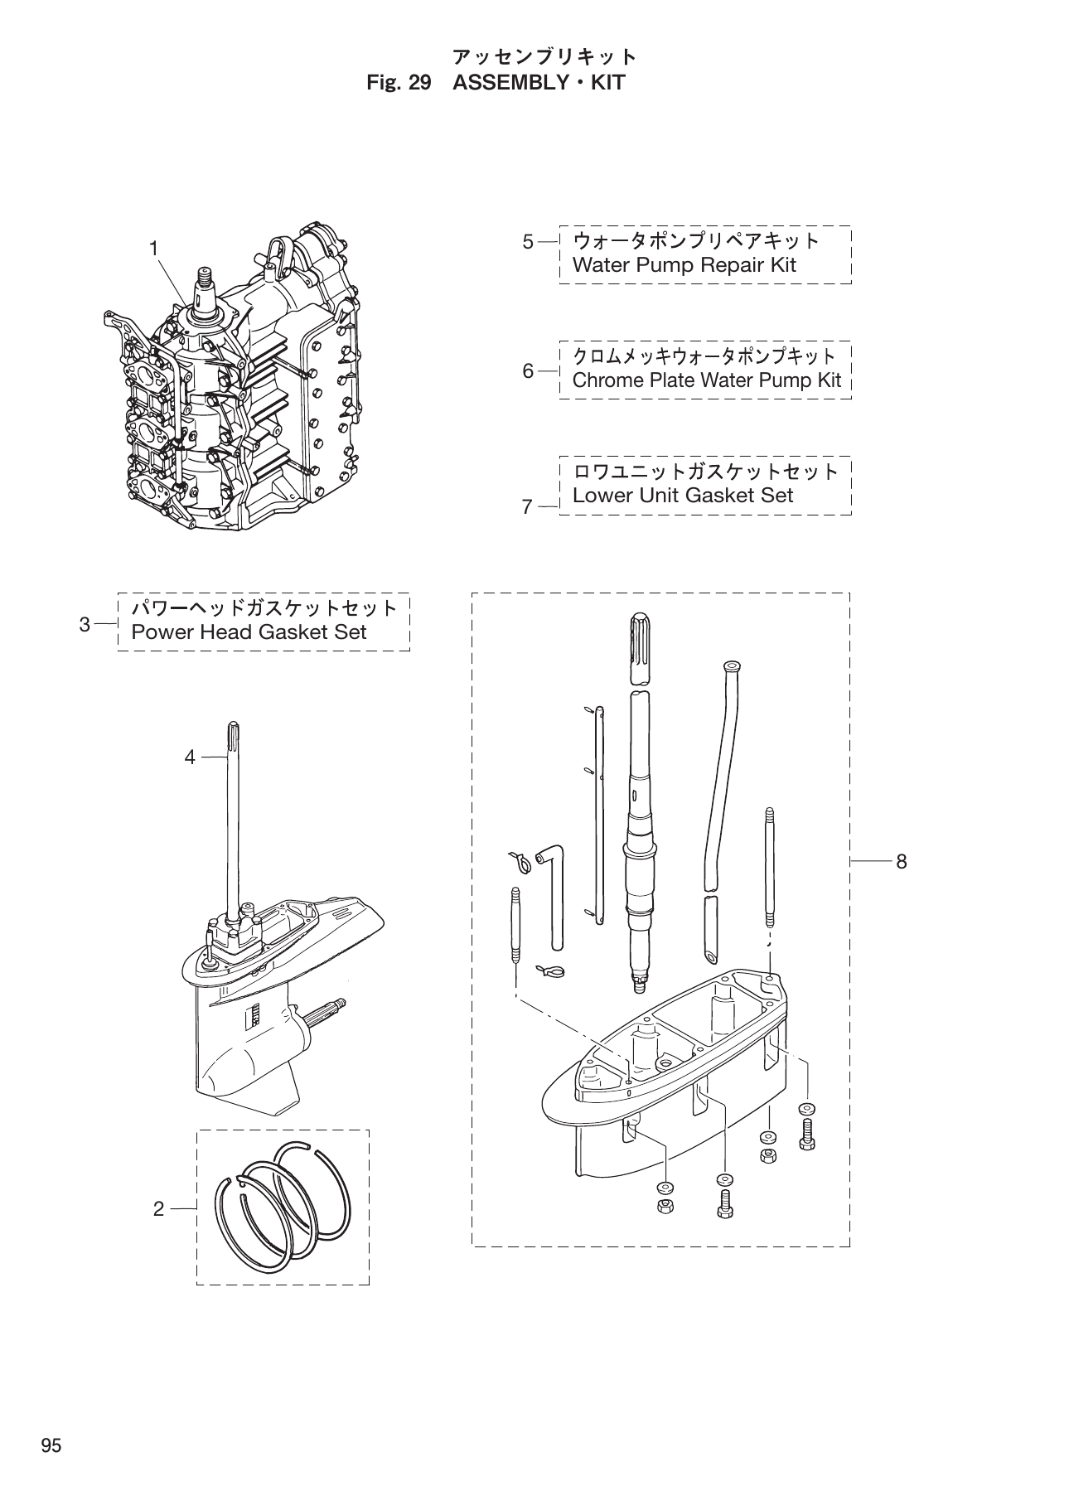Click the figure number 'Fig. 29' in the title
[399, 83]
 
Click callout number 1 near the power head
[154, 247]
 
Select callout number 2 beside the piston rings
[159, 1209]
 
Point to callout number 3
[85, 624]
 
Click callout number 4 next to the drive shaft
[190, 757]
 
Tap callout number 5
[528, 242]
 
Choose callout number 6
[528, 371]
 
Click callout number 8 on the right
[901, 862]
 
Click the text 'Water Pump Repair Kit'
[684, 265]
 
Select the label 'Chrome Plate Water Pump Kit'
[706, 380]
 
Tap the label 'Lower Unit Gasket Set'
[683, 496]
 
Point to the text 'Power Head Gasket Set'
[249, 632]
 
